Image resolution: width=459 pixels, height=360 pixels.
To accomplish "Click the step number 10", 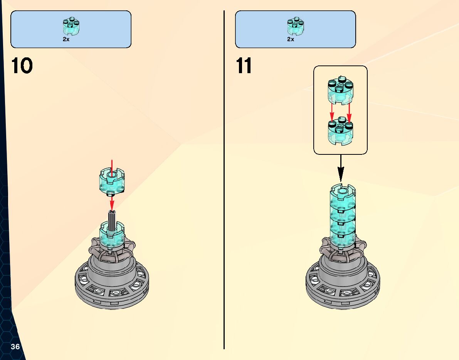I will pyautogui.click(x=22, y=66).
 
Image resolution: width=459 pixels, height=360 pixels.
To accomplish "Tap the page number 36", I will pyautogui.click(x=15, y=347).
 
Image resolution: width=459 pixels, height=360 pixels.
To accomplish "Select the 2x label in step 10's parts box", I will pyautogui.click(x=66, y=39).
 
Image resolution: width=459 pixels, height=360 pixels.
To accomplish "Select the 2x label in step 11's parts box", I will pyautogui.click(x=291, y=39).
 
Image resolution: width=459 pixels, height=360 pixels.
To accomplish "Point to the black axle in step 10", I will pyautogui.click(x=112, y=221).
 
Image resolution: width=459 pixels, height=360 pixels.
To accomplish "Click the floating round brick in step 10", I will pyautogui.click(x=112, y=180).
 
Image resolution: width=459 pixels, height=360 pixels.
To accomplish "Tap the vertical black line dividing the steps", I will pyautogui.click(x=224, y=193).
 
